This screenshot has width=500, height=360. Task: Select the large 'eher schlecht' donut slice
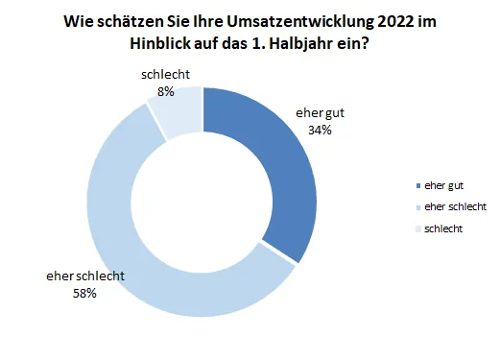click(125, 240)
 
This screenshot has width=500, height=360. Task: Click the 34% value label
click(319, 129)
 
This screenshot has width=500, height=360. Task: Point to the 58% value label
click(84, 293)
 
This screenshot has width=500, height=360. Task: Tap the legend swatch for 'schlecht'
click(417, 228)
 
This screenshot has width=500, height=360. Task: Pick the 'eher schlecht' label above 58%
click(84, 276)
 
